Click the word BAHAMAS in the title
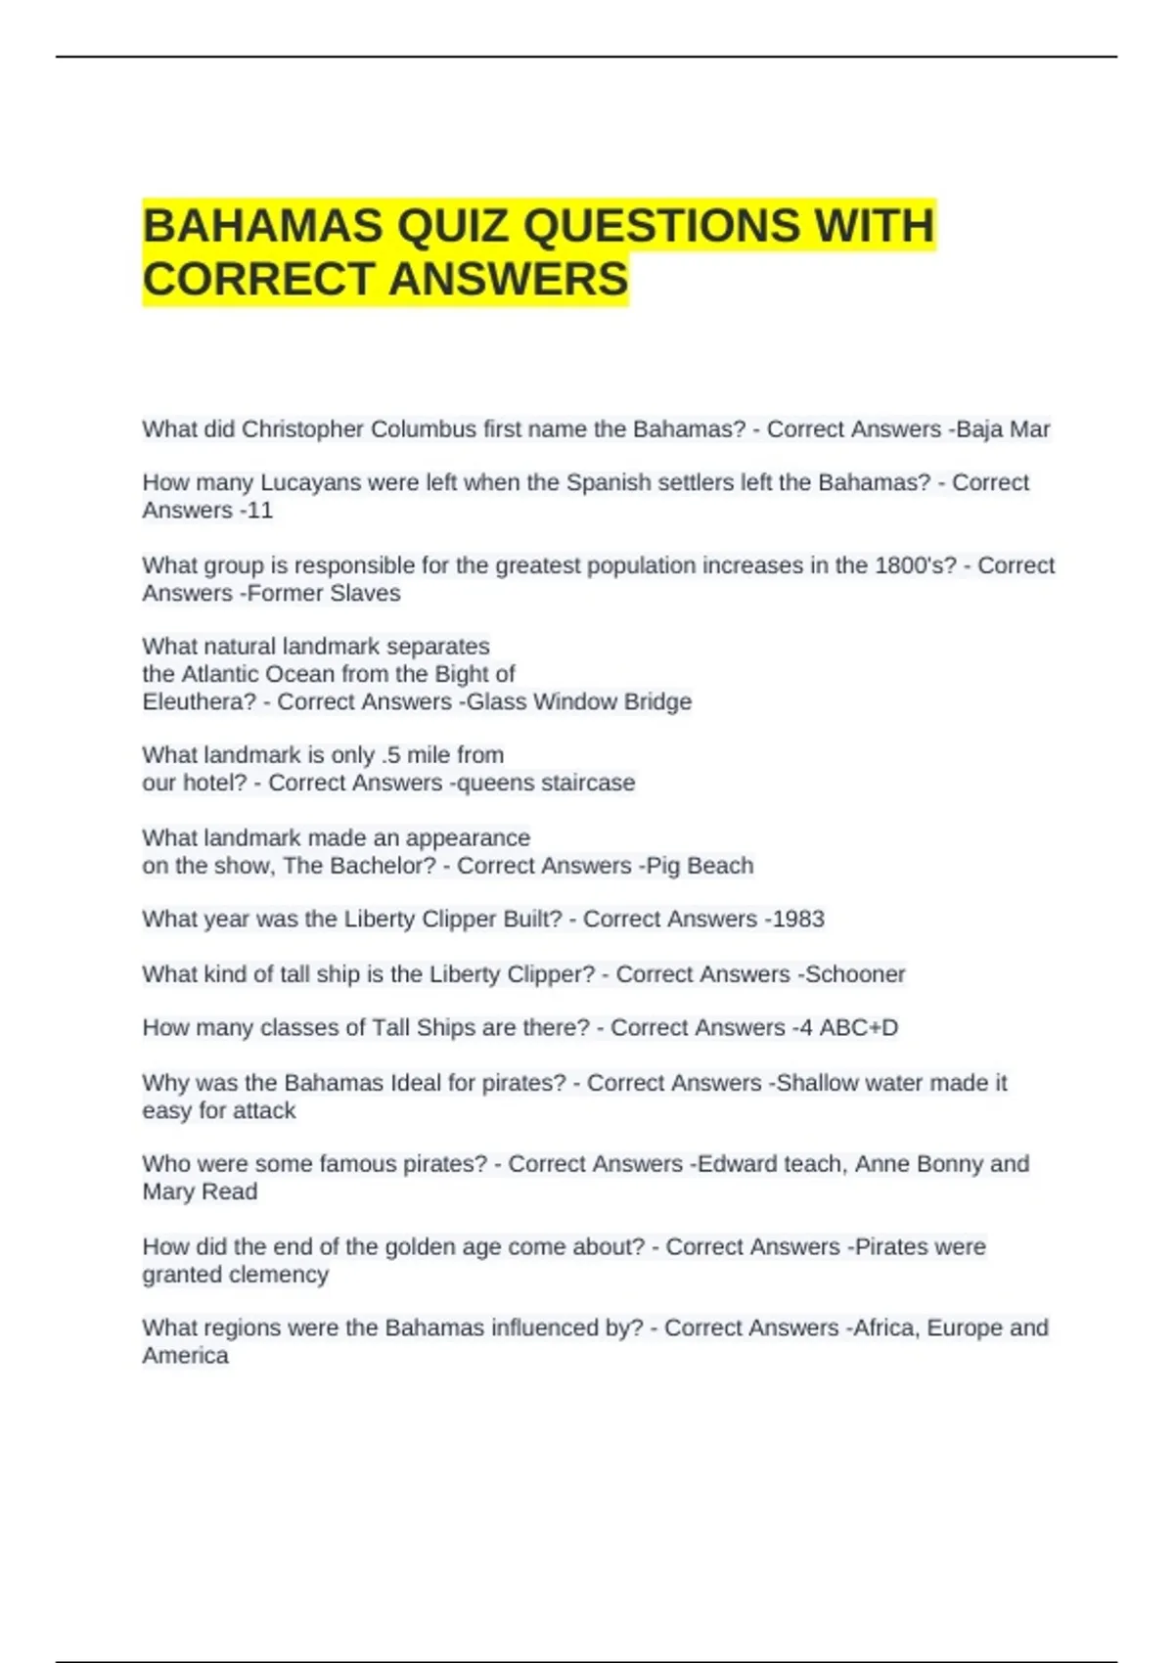pos(263,227)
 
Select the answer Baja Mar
pos(1003,429)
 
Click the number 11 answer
pos(259,511)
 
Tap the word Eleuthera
pos(199,702)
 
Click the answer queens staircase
pos(543,784)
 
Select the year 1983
pos(798,920)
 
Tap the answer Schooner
pos(855,974)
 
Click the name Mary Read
pos(201,1192)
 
